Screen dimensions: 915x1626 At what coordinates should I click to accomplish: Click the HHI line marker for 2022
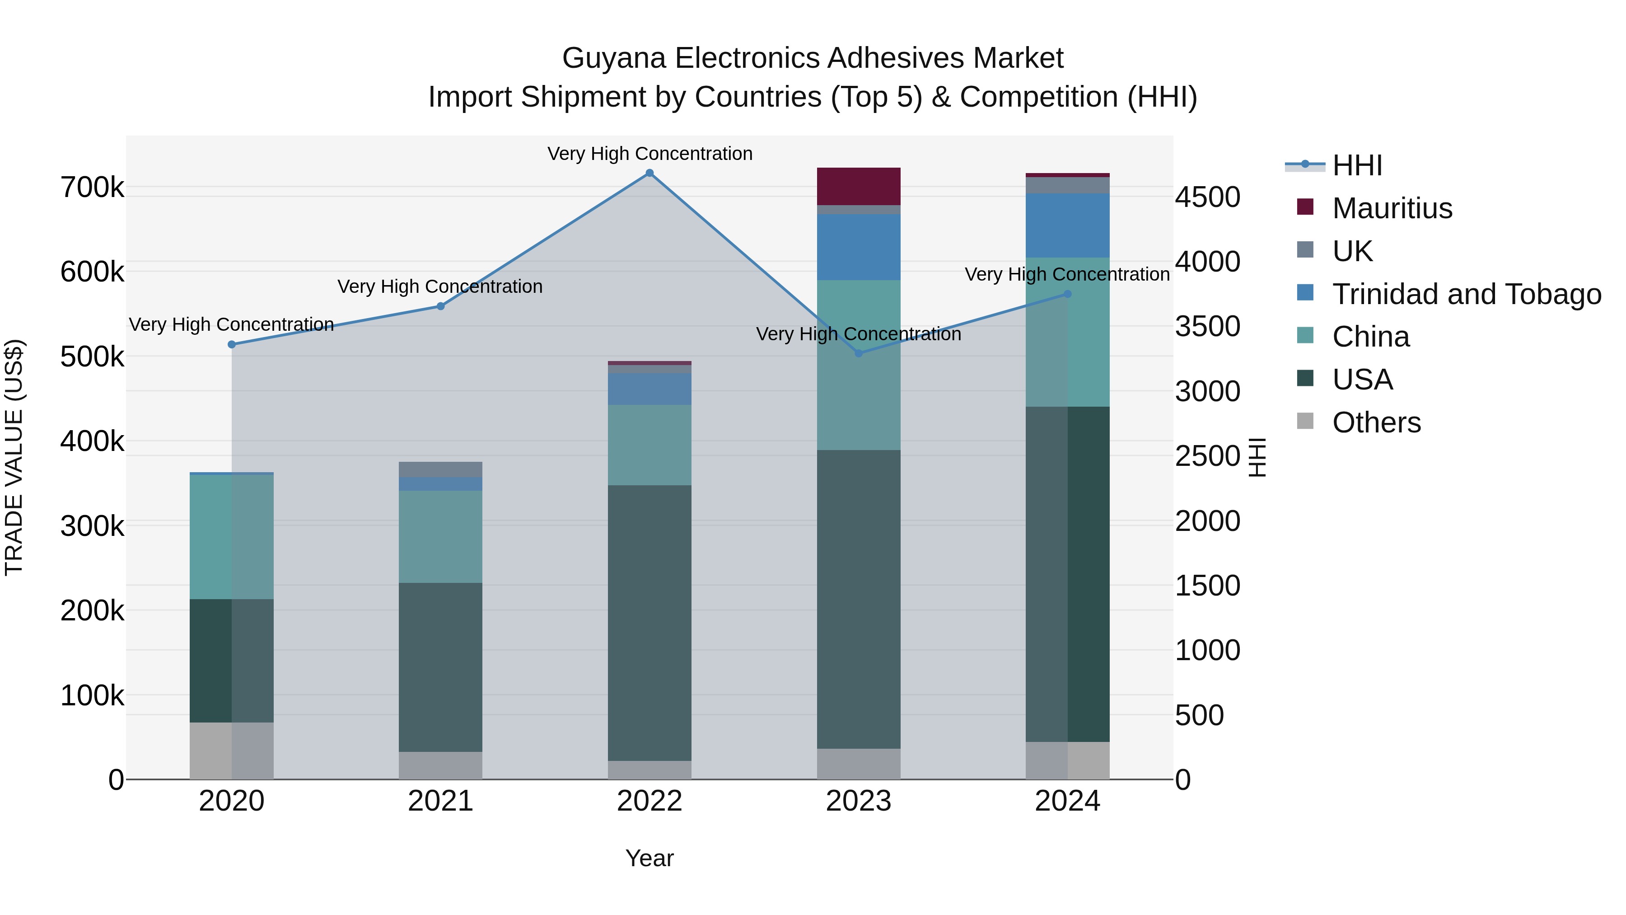[x=649, y=173]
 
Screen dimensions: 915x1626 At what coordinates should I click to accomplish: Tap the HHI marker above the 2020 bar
[x=232, y=345]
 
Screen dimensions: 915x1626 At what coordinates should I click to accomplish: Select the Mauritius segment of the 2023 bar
[x=859, y=186]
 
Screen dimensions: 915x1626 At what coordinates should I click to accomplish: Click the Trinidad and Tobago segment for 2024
[x=1067, y=225]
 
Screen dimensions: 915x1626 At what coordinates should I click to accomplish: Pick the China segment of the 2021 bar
[x=440, y=537]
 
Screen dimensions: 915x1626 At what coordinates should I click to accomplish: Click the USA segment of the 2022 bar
[x=649, y=623]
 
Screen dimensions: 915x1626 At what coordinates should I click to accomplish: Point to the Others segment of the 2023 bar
[x=859, y=764]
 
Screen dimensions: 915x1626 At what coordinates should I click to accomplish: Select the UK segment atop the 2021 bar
[x=440, y=469]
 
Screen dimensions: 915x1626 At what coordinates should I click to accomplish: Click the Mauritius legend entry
[x=1392, y=208]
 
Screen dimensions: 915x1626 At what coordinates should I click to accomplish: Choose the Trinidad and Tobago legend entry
[x=1466, y=294]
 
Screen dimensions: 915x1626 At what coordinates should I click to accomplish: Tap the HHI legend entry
[x=1357, y=165]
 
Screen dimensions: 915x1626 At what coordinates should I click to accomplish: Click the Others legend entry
[x=1376, y=422]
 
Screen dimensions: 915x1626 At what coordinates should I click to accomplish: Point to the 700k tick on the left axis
[x=92, y=188]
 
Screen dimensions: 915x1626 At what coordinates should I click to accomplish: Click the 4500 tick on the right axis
[x=1207, y=197]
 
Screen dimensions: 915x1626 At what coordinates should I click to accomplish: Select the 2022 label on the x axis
[x=649, y=801]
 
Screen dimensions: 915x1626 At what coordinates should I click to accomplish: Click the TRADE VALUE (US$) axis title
[x=14, y=457]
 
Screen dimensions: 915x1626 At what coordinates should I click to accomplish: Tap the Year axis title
[x=649, y=858]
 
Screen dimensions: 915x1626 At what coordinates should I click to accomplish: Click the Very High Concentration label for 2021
[x=440, y=286]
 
